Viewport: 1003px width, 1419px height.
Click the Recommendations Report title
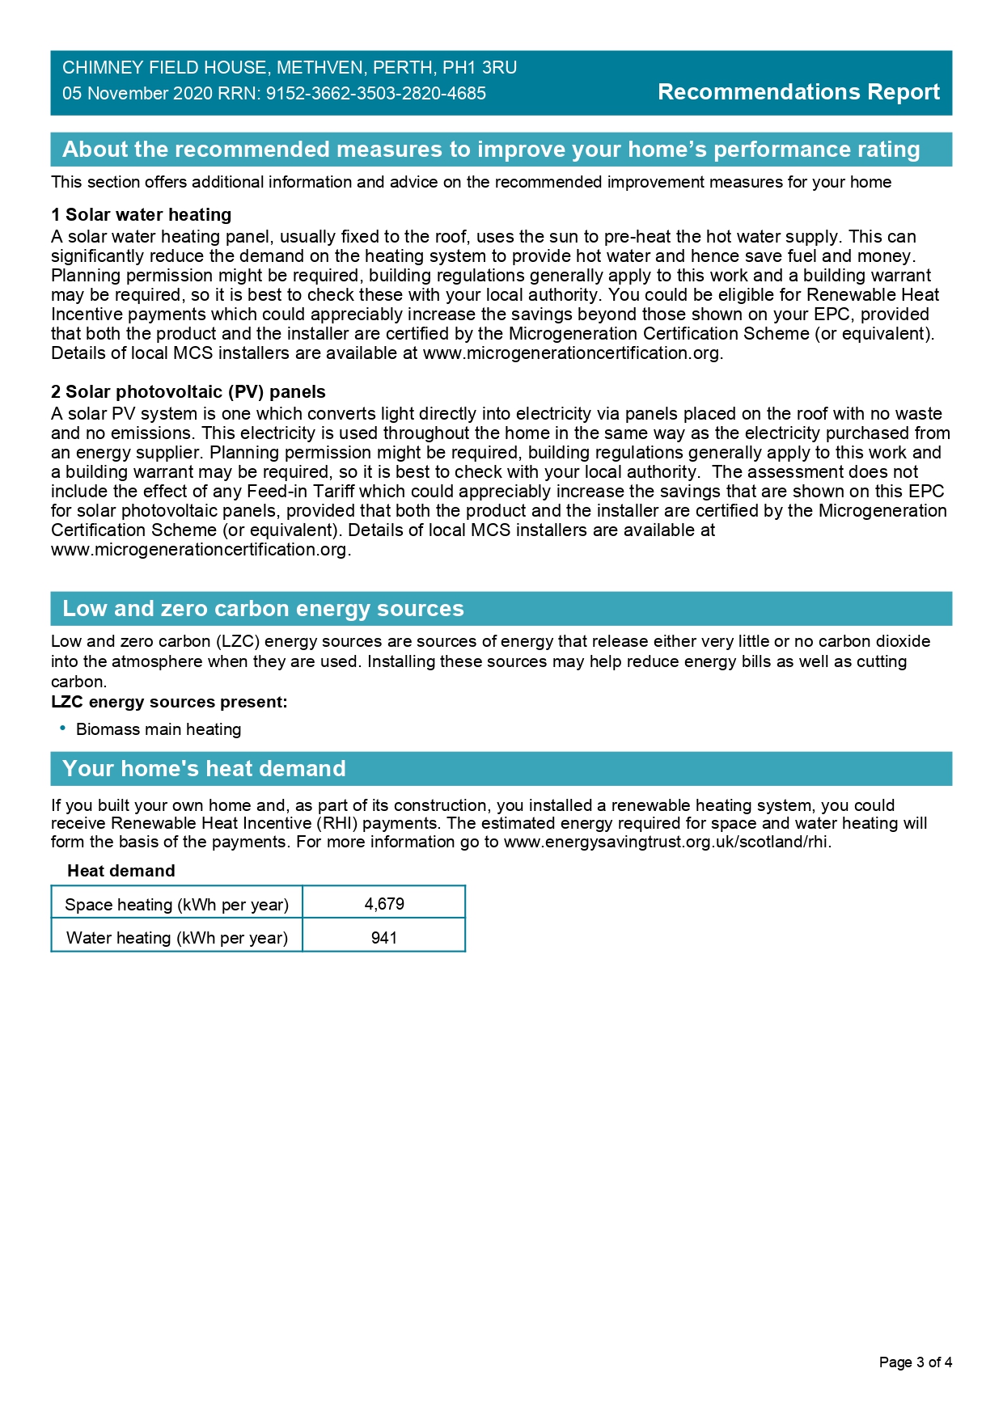coord(798,92)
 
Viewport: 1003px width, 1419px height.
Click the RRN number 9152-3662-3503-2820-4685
coord(376,94)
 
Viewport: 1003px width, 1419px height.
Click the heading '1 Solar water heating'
coord(142,215)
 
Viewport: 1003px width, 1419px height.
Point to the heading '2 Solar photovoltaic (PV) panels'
coord(188,392)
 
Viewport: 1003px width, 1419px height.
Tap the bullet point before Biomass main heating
coord(62,729)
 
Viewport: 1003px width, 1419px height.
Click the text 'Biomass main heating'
coord(159,729)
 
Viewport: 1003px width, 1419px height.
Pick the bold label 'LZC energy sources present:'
coord(169,702)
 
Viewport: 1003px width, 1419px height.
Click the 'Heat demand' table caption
coord(121,871)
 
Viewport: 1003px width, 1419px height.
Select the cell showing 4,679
coord(384,904)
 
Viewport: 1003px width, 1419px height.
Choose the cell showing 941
coord(384,938)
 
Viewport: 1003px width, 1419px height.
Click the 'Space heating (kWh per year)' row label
coord(176,905)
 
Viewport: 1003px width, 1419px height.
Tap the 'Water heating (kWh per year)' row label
coord(176,938)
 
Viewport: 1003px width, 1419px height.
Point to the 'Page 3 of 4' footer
coord(915,1362)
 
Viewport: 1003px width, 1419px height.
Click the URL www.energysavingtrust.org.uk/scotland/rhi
coord(667,843)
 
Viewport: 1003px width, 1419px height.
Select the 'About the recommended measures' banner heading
coord(491,150)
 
